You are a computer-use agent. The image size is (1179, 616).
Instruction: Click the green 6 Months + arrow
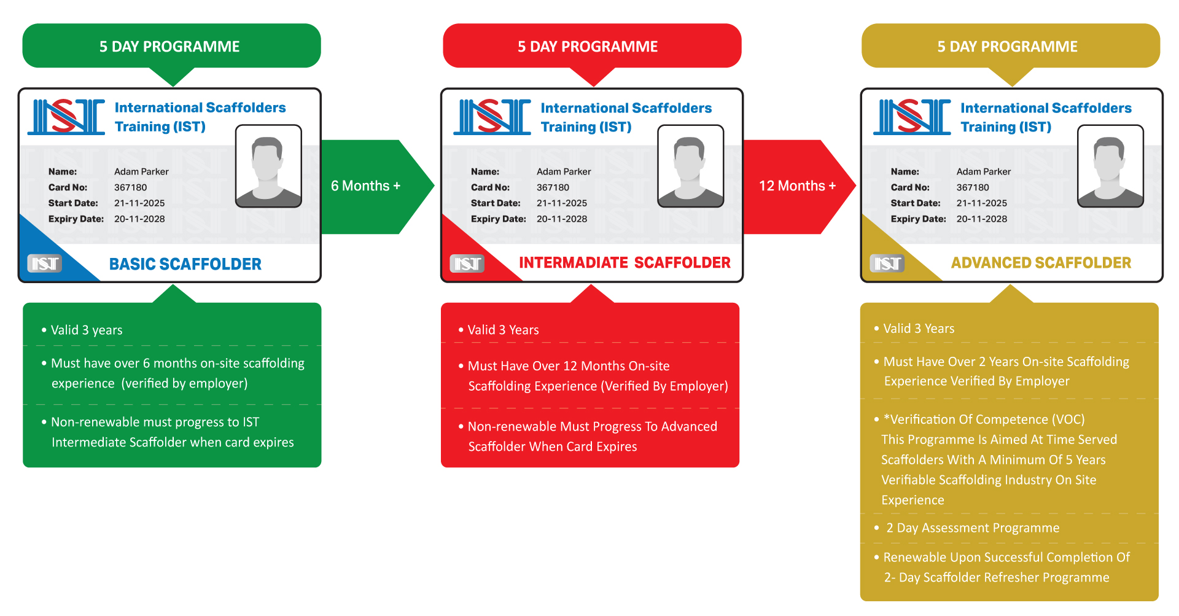(x=366, y=186)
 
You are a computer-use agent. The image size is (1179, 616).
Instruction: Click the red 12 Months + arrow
(x=797, y=186)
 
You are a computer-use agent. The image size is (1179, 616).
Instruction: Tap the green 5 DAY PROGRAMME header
(x=170, y=47)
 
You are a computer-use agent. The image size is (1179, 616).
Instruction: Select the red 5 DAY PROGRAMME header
(x=588, y=47)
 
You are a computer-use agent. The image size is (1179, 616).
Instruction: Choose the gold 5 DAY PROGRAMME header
(x=1007, y=47)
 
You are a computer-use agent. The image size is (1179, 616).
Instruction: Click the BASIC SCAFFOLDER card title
(x=185, y=264)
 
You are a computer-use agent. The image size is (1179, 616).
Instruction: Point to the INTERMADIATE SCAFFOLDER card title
(x=625, y=263)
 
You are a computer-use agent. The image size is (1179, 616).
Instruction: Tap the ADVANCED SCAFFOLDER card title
(x=1041, y=263)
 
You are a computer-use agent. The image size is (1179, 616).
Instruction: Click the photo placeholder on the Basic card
(x=268, y=166)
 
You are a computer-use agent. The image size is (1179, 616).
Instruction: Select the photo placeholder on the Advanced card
(x=1110, y=166)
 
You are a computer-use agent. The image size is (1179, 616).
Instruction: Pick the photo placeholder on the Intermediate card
(x=690, y=166)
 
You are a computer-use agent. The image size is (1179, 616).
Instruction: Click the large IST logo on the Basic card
(x=66, y=117)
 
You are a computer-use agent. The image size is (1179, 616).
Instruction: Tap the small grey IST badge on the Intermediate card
(x=467, y=263)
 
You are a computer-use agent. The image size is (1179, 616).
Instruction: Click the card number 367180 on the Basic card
(x=131, y=187)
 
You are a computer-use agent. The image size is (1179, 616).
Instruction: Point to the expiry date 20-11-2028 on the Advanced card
(x=981, y=219)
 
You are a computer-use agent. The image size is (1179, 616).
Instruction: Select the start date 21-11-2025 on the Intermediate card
(x=561, y=203)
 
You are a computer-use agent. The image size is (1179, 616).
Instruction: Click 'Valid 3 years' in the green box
(x=87, y=330)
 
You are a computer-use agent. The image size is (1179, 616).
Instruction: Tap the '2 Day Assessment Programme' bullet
(x=972, y=528)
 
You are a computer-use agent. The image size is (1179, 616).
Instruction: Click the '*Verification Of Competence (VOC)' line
(x=984, y=419)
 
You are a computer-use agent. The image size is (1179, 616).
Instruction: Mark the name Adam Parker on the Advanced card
(x=983, y=172)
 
